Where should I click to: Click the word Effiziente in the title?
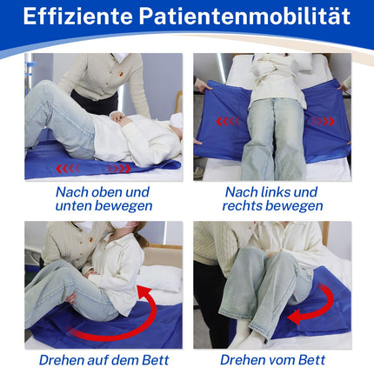[x=77, y=17]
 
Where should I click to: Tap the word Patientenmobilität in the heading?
[x=244, y=17]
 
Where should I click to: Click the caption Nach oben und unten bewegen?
[x=104, y=199]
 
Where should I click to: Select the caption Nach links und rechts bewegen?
[x=272, y=199]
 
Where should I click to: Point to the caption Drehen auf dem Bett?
[x=104, y=360]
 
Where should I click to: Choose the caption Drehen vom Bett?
[x=272, y=360]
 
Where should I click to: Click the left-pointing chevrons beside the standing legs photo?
[x=228, y=121]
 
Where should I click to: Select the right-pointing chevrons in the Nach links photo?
[x=323, y=121]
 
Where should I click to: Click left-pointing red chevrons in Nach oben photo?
[x=68, y=169]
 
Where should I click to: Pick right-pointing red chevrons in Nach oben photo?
[x=119, y=169]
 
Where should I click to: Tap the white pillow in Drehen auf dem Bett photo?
[x=160, y=278]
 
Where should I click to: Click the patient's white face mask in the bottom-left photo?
[x=119, y=225]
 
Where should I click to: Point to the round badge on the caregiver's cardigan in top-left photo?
[x=121, y=75]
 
